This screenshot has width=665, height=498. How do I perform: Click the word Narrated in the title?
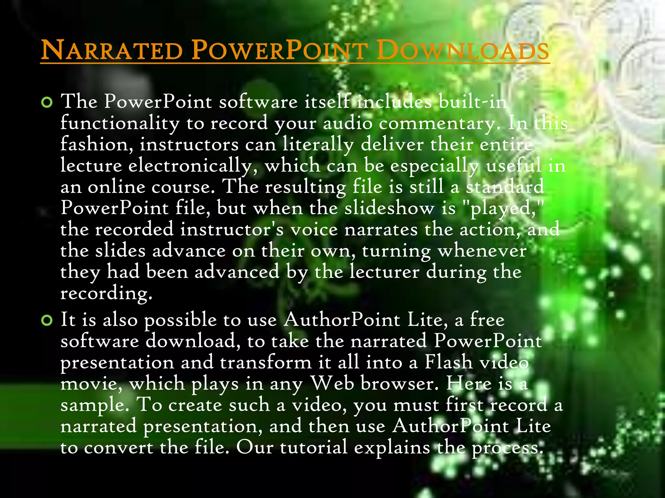(x=112, y=50)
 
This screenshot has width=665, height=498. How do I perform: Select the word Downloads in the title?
(x=463, y=50)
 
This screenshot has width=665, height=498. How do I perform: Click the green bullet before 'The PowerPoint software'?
(x=47, y=102)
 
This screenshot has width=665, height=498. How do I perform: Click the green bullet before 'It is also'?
(x=47, y=320)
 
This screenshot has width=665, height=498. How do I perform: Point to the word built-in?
(x=472, y=102)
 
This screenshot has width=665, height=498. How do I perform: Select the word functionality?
(x=120, y=123)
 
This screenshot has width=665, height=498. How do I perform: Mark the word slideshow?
(x=389, y=208)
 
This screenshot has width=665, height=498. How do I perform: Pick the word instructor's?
(x=232, y=229)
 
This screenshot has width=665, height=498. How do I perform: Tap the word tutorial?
(x=313, y=447)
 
